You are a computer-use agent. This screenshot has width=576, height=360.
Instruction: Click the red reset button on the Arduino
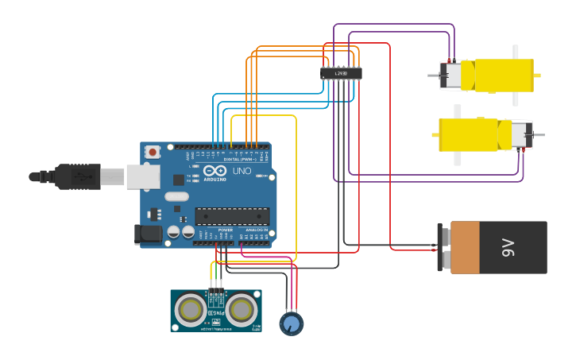click(x=152, y=150)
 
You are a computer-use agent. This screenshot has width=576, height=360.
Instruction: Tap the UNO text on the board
click(x=242, y=171)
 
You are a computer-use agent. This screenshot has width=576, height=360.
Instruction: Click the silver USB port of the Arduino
click(x=141, y=176)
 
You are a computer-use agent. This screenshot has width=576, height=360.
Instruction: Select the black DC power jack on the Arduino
click(x=147, y=234)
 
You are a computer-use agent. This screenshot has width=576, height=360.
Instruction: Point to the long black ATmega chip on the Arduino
click(x=232, y=216)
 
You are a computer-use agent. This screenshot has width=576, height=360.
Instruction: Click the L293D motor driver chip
click(x=341, y=73)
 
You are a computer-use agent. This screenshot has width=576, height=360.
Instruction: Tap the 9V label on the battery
click(x=509, y=248)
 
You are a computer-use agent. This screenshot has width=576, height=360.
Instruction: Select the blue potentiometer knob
click(x=292, y=323)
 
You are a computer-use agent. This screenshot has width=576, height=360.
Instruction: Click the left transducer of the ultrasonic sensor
click(x=191, y=308)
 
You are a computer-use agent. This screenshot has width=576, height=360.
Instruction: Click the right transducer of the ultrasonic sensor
click(x=241, y=308)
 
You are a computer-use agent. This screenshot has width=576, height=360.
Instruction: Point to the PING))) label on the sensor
click(x=215, y=313)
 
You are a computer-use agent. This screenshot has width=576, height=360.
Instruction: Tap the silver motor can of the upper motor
click(x=451, y=75)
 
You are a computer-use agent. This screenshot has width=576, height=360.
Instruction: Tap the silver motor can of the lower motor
click(x=520, y=134)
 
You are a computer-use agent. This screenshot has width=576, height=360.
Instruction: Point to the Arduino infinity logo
click(x=215, y=171)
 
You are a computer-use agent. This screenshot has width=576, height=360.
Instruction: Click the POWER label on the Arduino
click(x=226, y=230)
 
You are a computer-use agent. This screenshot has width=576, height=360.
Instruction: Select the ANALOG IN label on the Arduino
click(x=257, y=230)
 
